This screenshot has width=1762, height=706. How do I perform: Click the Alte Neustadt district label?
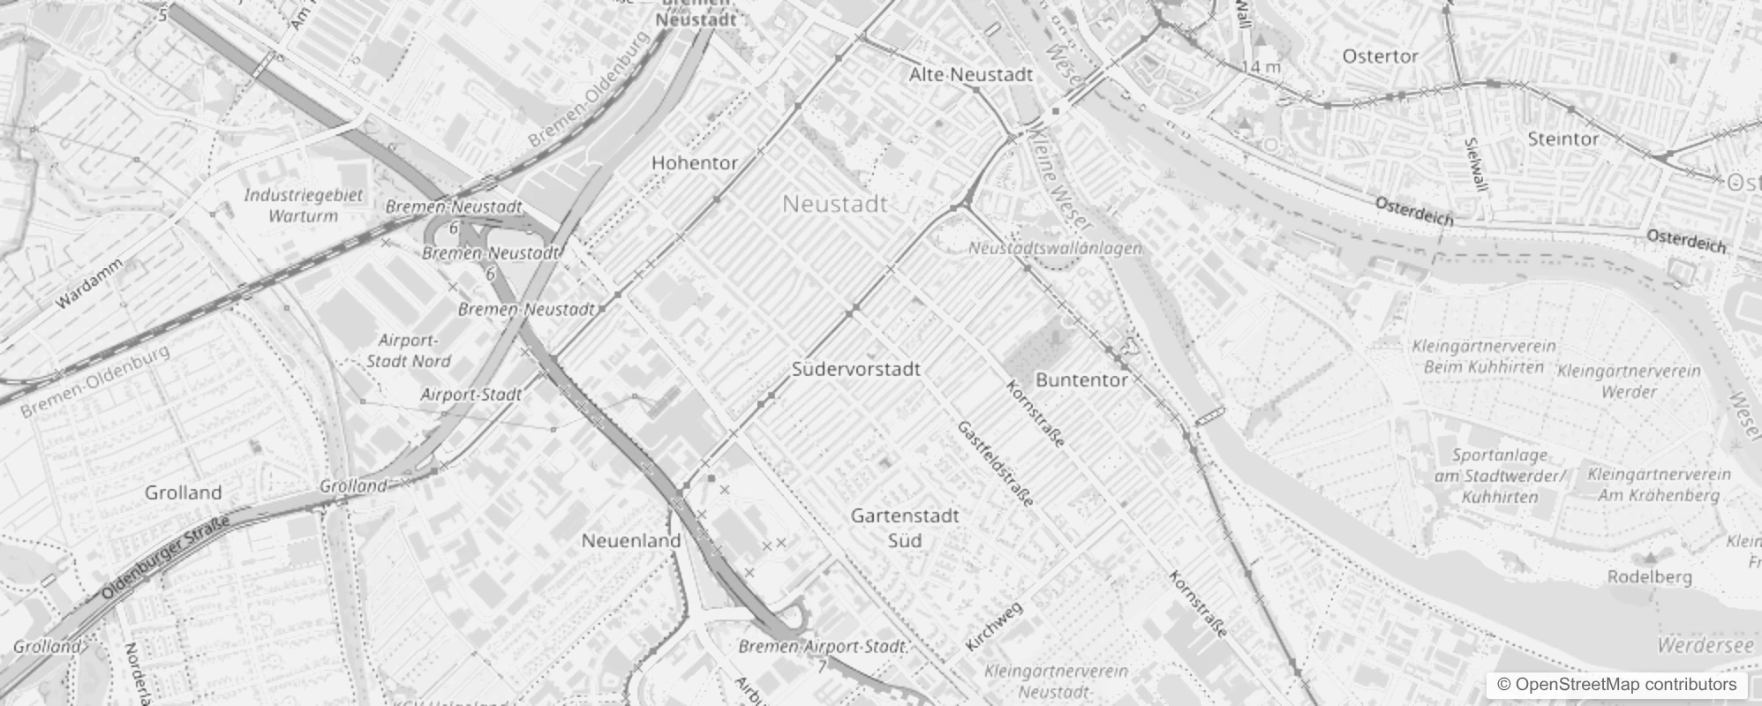pos(970,75)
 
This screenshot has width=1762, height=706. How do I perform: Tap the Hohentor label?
pos(695,162)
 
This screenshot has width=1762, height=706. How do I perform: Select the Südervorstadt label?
pos(855,369)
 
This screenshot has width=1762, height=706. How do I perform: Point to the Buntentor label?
pos(1081,379)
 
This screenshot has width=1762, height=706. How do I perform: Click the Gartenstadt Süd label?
pos(905,528)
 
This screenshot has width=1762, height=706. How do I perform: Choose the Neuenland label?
pos(631,540)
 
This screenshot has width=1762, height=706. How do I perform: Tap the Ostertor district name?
pos(1380,56)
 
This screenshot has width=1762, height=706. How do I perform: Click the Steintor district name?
pos(1562,139)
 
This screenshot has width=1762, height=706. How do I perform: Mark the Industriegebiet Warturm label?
pos(303,205)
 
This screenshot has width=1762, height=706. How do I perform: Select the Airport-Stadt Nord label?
pos(408,350)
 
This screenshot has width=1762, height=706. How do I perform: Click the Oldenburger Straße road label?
pos(166,559)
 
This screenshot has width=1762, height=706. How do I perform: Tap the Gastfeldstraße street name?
pos(996,463)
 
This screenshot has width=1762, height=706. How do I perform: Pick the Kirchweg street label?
pos(994,627)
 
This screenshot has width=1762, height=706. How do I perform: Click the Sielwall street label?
pos(1475,163)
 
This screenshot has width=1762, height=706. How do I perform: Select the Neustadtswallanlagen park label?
pos(1055,249)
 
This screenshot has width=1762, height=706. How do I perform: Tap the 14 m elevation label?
pos(1261,66)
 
